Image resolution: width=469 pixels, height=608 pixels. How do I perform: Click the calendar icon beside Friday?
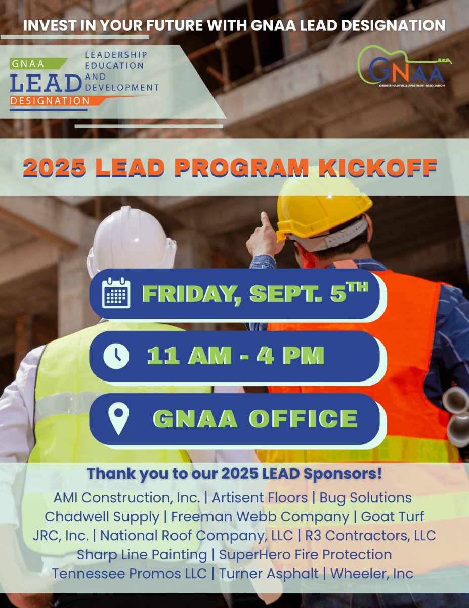[116, 293]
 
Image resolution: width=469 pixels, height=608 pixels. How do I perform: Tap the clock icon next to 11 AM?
[116, 356]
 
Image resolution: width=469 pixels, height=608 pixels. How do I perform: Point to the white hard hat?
[131, 241]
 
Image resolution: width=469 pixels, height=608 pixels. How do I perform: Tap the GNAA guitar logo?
[404, 66]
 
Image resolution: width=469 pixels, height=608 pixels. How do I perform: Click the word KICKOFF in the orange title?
[377, 168]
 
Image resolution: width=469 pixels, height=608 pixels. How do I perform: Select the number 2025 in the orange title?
[55, 168]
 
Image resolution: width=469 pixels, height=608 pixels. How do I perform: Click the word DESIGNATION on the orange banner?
[50, 101]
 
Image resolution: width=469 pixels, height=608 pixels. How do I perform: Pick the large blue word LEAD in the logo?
[46, 83]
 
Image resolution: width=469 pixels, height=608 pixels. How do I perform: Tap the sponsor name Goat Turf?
[393, 516]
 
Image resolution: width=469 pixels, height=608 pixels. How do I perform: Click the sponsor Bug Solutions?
[365, 498]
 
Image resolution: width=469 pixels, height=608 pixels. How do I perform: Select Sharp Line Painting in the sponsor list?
[142, 555]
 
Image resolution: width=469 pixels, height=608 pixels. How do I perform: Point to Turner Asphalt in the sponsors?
[269, 574]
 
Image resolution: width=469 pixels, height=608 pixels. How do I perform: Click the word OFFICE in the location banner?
[304, 419]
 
